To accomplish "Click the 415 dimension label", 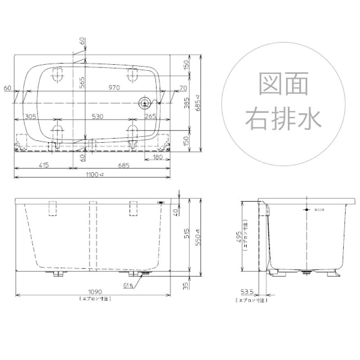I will [43, 165].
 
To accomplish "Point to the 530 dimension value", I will [97, 116].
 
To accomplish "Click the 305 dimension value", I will [31, 116].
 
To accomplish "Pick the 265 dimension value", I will [150, 116].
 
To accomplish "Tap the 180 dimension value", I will [157, 157].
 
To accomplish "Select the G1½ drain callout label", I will [129, 285].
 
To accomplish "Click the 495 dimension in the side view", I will [240, 234].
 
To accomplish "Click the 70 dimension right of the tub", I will [170, 88].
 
